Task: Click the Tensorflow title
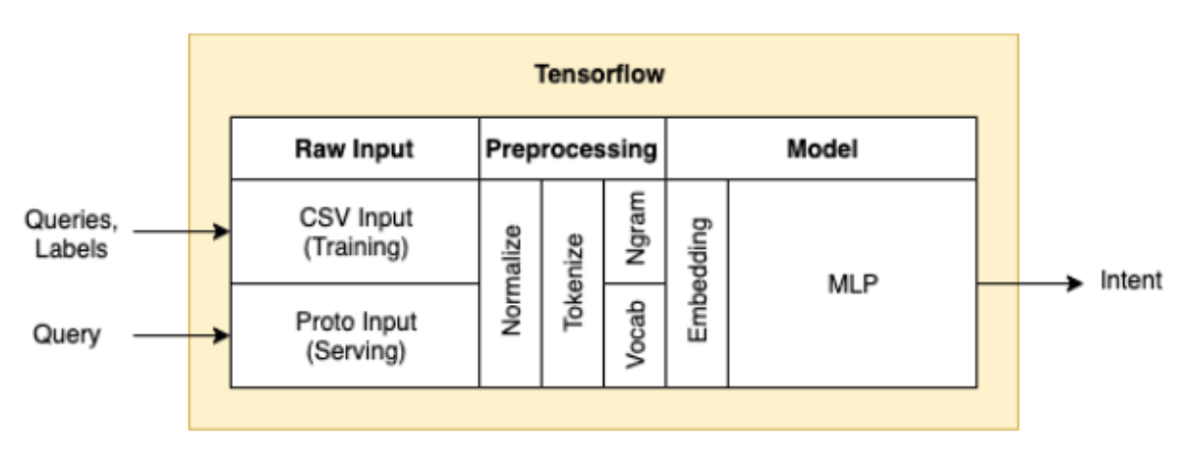pos(599,74)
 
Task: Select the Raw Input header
pos(354,149)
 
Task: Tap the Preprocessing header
pos(572,149)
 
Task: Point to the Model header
pos(821,148)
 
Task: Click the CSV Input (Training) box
pos(355,232)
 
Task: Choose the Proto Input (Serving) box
pos(355,336)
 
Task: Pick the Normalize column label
pos(512,280)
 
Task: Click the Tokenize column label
pos(573,282)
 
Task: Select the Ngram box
pos(635,232)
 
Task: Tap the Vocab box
pos(635,335)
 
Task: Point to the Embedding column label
pos(698,279)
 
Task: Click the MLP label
pos(853,284)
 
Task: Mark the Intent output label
pos(1131,280)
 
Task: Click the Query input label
pos(67,334)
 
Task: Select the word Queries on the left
pos(71,219)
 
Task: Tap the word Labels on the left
pos(71,249)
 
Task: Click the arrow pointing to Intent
pos(1030,283)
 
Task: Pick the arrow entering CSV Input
pos(182,231)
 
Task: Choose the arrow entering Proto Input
pos(182,335)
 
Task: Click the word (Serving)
pos(356,351)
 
